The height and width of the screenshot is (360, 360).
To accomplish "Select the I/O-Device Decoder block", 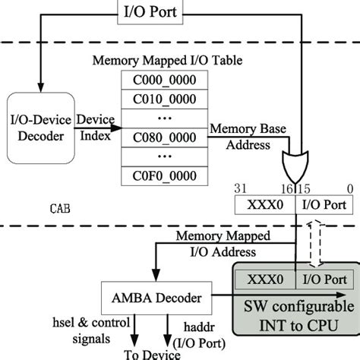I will point(43,128).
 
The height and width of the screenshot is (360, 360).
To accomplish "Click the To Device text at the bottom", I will point(152,352).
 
